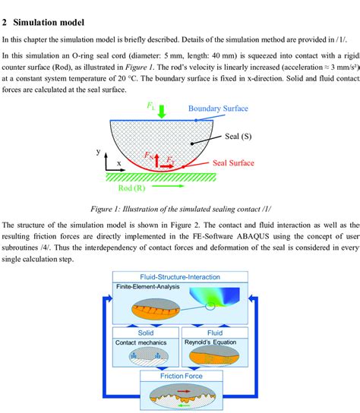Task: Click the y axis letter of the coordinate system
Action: click(x=99, y=152)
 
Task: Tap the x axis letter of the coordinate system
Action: click(x=118, y=163)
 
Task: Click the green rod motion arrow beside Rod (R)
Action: click(x=172, y=185)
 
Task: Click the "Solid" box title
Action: click(x=146, y=333)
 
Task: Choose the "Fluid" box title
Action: click(x=216, y=333)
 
